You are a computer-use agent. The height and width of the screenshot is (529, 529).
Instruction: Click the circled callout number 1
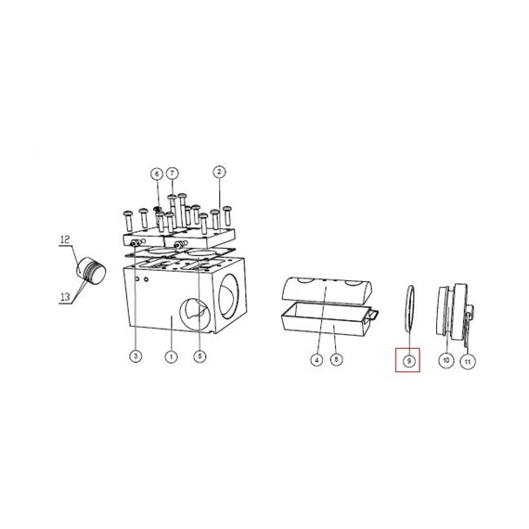pyautogui.click(x=171, y=356)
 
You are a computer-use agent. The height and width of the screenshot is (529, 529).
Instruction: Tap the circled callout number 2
pyautogui.click(x=219, y=172)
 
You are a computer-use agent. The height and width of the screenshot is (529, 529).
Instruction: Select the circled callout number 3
pyautogui.click(x=135, y=356)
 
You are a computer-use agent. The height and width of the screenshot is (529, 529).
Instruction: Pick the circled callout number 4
pyautogui.click(x=316, y=360)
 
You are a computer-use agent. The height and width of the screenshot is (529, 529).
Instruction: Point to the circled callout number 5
pyautogui.click(x=200, y=356)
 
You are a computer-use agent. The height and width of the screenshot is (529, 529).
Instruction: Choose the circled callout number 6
pyautogui.click(x=157, y=174)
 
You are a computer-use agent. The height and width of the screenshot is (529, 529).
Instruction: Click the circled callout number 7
pyautogui.click(x=173, y=174)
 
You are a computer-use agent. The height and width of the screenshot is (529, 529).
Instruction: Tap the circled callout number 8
pyautogui.click(x=336, y=359)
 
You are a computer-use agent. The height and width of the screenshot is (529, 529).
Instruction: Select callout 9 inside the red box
pyautogui.click(x=409, y=361)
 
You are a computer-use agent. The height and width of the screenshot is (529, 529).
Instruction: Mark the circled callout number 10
pyautogui.click(x=446, y=360)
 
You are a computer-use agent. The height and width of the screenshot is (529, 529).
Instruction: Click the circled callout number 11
pyautogui.click(x=468, y=362)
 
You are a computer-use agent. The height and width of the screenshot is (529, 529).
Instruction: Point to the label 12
pyautogui.click(x=65, y=239)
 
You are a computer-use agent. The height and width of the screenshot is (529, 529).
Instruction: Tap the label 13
pyautogui.click(x=65, y=297)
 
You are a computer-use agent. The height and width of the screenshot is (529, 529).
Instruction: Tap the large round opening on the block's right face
pyautogui.click(x=229, y=296)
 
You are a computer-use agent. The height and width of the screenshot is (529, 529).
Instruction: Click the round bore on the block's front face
pyautogui.click(x=195, y=314)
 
